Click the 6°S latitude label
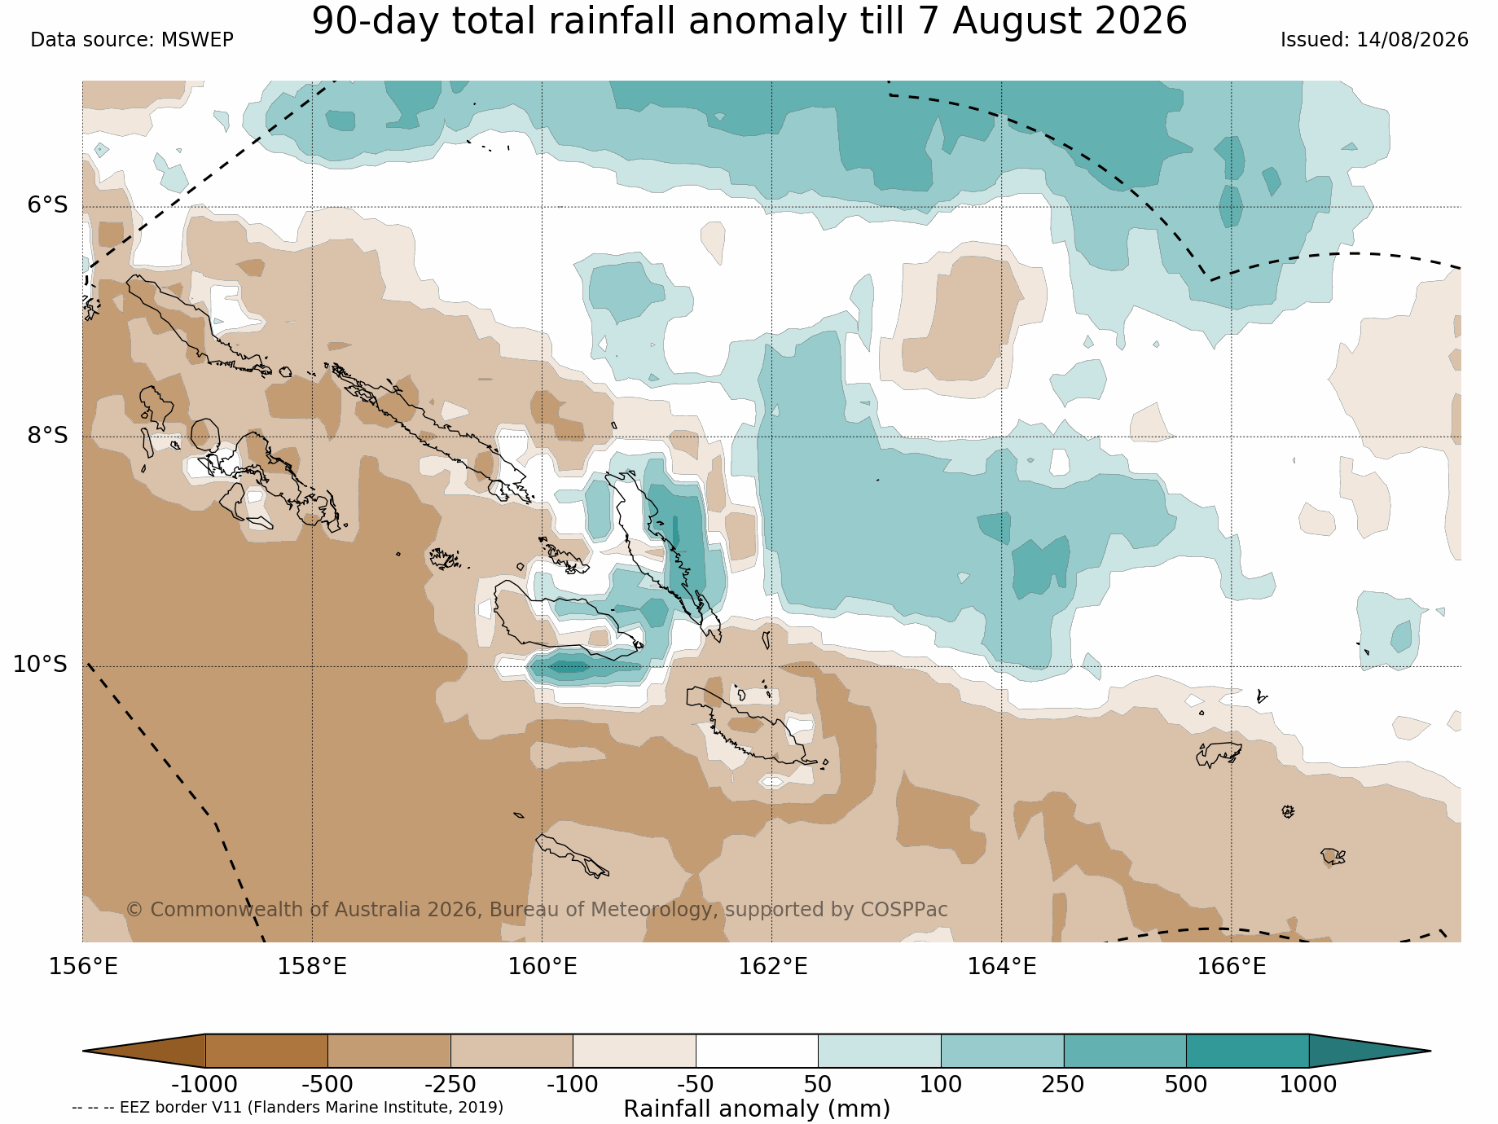(x=48, y=205)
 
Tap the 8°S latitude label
(x=48, y=436)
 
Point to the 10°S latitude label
(x=40, y=665)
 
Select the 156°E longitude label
(x=83, y=967)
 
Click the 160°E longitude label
(x=543, y=967)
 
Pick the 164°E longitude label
(x=1001, y=967)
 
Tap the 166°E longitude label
(x=1231, y=967)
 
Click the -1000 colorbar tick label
(x=204, y=1085)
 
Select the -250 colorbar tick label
(x=450, y=1085)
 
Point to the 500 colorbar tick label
(x=1186, y=1085)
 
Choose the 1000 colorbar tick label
(x=1308, y=1085)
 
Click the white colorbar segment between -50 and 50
(x=757, y=1051)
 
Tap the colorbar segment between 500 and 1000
(x=1247, y=1051)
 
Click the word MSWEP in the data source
(x=197, y=40)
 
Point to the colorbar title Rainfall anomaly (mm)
(x=757, y=1109)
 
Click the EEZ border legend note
(x=288, y=1108)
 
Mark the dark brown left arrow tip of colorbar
(x=84, y=1051)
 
